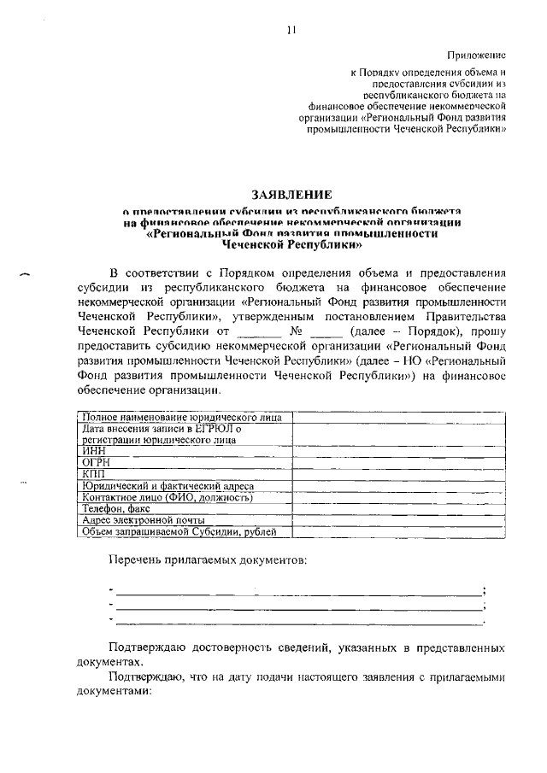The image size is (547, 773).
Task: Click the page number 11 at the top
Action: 291,30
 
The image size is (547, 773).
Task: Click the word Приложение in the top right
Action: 479,53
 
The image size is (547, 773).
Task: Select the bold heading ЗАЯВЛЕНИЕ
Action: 291,195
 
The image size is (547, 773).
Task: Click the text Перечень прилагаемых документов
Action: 208,560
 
